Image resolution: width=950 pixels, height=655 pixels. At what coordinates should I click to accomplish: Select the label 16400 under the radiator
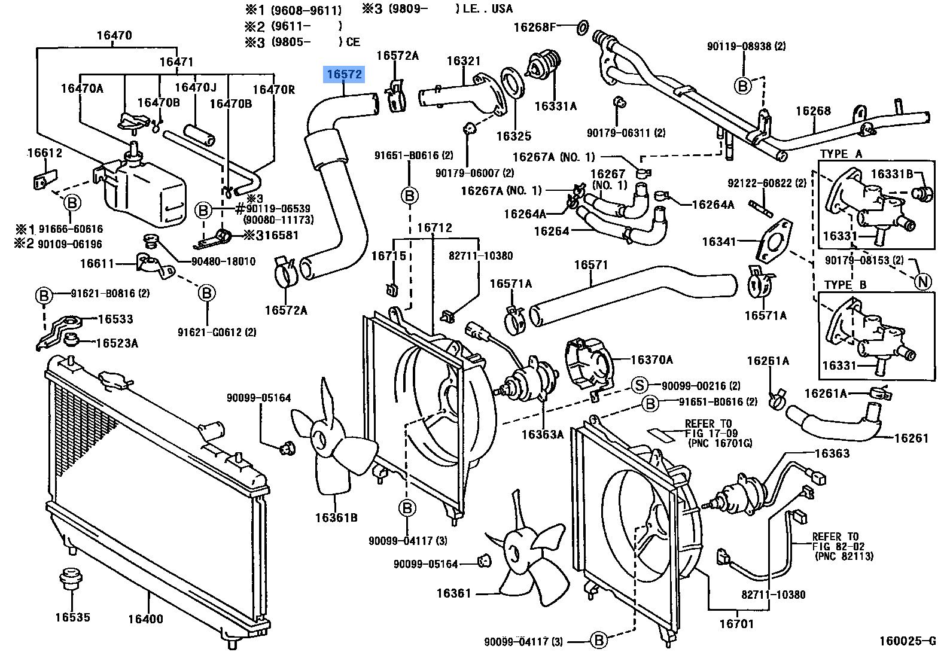point(145,619)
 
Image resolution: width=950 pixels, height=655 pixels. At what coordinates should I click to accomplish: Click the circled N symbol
point(923,282)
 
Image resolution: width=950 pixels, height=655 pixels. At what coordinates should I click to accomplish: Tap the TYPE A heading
point(841,154)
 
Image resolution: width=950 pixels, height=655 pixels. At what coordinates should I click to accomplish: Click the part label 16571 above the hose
point(590,264)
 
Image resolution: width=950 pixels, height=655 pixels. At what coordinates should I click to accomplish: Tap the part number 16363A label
point(542,434)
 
